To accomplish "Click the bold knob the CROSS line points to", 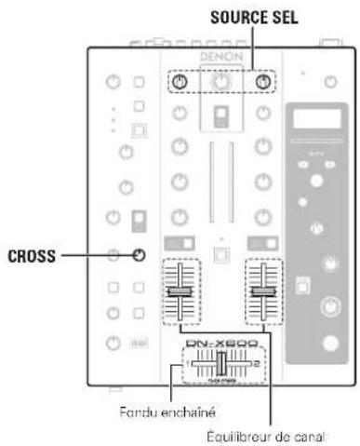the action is point(139,255).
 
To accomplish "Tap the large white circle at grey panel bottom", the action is point(329,341).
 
